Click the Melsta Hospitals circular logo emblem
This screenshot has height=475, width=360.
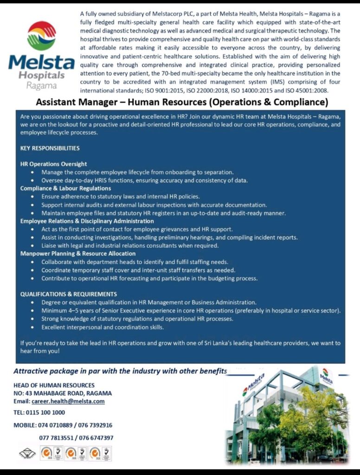tap(41, 36)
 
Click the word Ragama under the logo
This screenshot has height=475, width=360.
tap(41, 85)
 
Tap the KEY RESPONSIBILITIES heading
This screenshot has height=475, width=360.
tap(50, 148)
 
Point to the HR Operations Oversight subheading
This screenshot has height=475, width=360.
tap(54, 164)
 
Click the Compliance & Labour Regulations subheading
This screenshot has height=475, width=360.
tap(66, 188)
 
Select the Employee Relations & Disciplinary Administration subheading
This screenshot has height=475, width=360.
tap(87, 221)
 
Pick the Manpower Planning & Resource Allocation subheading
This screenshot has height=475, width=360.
tap(78, 254)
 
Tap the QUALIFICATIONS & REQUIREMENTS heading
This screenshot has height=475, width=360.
tap(69, 294)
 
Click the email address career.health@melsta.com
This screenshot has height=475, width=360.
tap(68, 401)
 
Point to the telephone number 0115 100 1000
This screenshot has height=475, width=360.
tap(45, 412)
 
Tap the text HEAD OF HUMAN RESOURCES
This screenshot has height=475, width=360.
tap(54, 385)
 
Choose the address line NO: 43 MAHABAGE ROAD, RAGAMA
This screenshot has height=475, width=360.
tap(63, 393)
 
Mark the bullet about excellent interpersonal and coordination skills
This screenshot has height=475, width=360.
tap(102, 327)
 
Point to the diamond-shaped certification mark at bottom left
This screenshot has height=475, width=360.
tap(27, 453)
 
